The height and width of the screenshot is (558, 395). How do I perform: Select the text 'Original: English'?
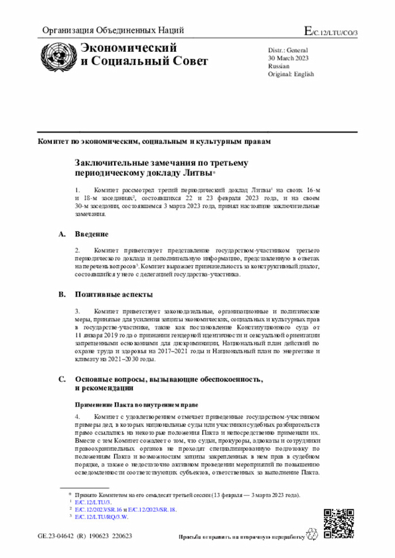pos(291,74)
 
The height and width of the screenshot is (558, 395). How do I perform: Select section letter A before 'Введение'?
pos(61,234)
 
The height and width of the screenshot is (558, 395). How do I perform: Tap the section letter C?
pos(61,380)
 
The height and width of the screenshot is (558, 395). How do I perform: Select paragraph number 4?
pos(77,417)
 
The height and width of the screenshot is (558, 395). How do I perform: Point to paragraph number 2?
pos(77,250)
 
